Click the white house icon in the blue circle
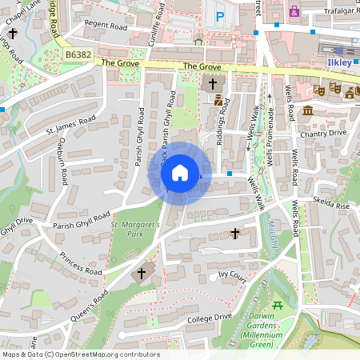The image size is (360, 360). pyautogui.click(x=180, y=173)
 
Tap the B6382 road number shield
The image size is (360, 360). pyautogui.click(x=78, y=54)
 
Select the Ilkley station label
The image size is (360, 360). pyautogui.click(x=340, y=60)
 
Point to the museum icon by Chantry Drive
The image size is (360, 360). pyautogui.click(x=307, y=110)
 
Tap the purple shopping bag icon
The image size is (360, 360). pyautogui.click(x=294, y=12)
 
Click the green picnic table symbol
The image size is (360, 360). pyautogui.click(x=278, y=305)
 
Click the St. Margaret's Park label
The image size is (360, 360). pyautogui.click(x=135, y=230)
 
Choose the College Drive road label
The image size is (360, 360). pyautogui.click(x=210, y=317)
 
